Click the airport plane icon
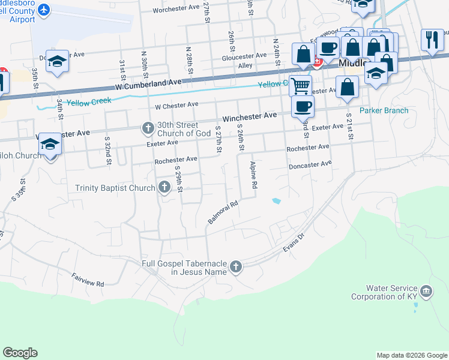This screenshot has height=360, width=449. click(44, 10)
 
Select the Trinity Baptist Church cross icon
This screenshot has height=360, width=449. click(164, 188)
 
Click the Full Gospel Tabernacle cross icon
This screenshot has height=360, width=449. click(236, 267)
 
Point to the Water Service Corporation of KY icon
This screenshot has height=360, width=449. click(426, 292)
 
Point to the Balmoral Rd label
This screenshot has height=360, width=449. click(223, 212)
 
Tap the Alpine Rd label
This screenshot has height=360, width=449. click(253, 175)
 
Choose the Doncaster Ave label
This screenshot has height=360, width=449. click(310, 164)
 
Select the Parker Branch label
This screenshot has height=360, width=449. click(384, 110)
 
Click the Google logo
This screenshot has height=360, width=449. click(21, 352)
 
